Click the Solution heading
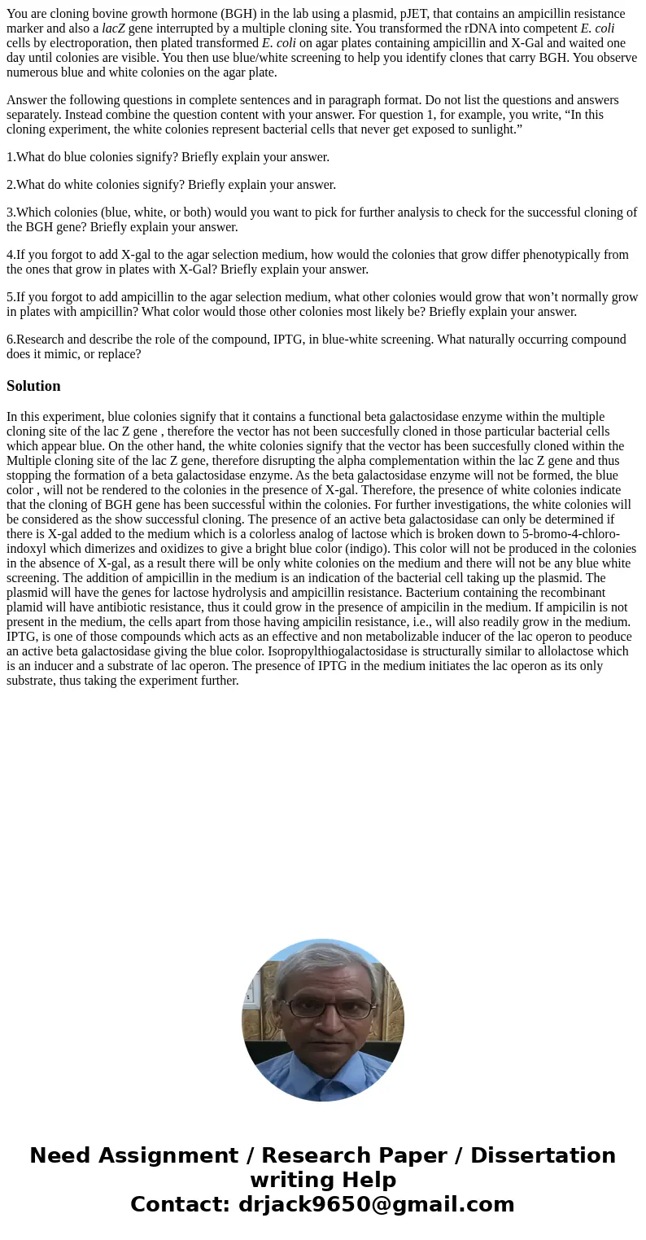pyautogui.click(x=33, y=386)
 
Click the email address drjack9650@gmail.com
pyautogui.click(x=376, y=1204)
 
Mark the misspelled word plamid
pyautogui.click(x=25, y=607)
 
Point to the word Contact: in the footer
pyautogui.click(x=180, y=1204)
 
